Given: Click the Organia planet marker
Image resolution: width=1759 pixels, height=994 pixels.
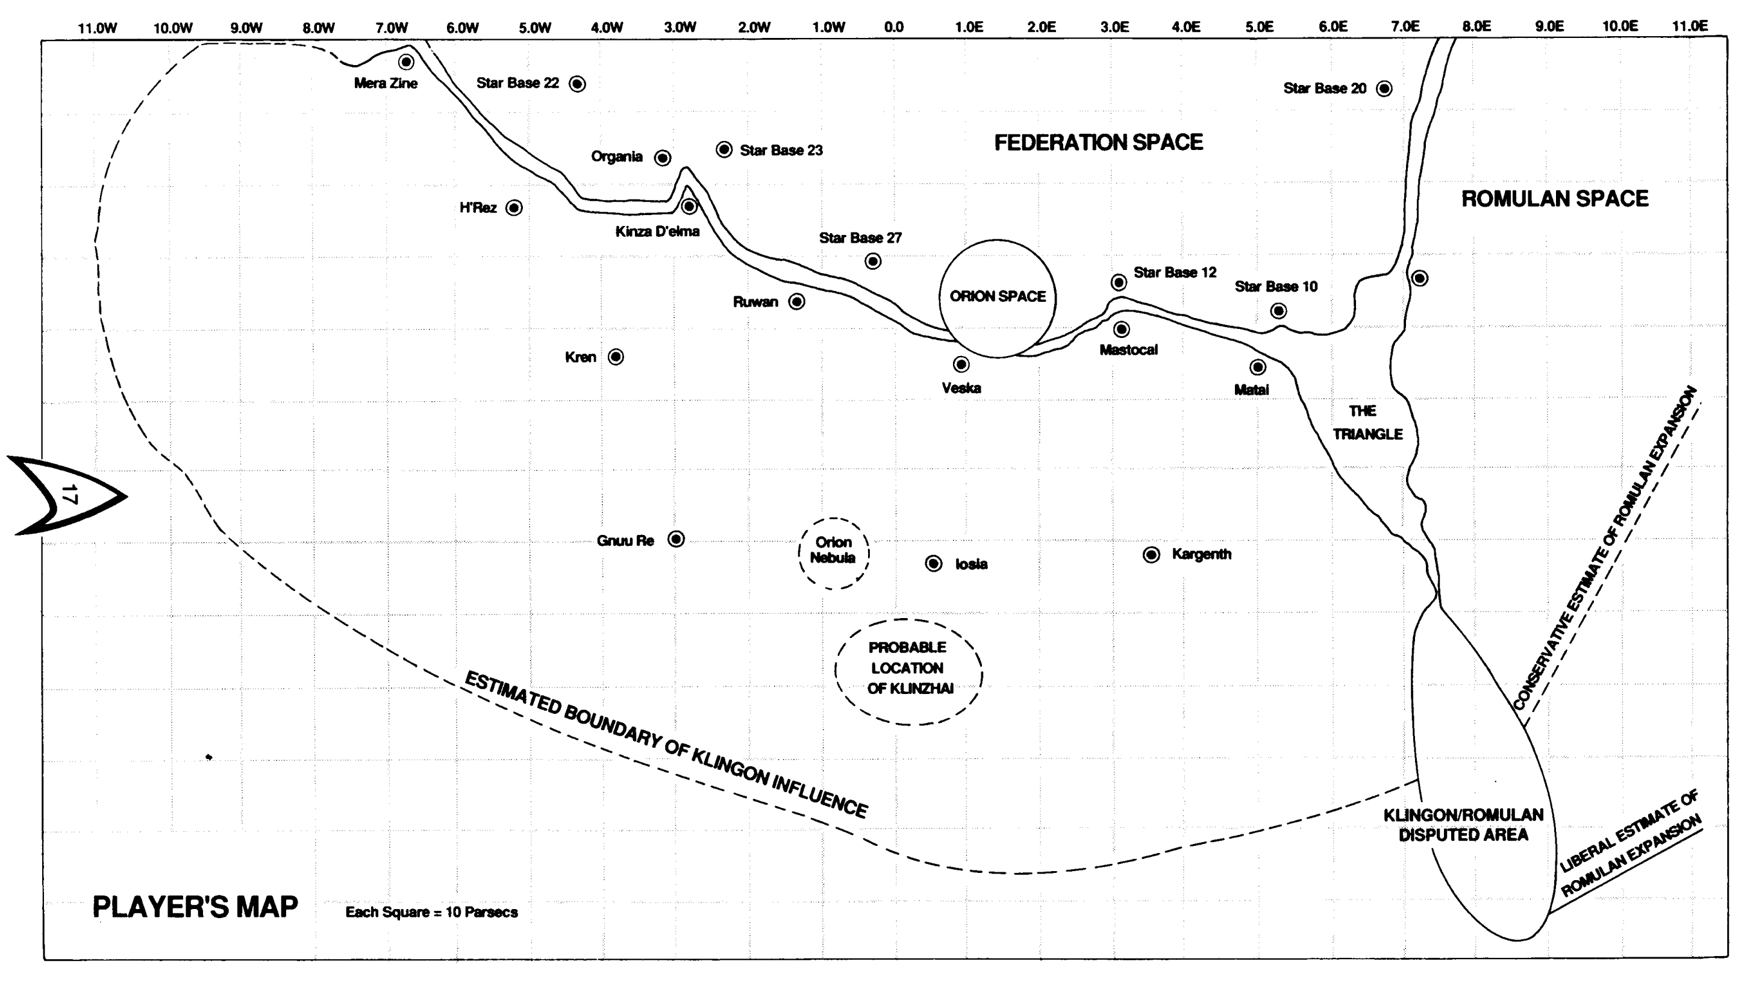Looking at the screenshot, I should click(663, 158).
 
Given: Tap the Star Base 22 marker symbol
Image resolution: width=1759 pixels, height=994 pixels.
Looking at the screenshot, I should click(577, 84).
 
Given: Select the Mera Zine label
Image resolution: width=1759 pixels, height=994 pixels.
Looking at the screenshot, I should click(385, 83).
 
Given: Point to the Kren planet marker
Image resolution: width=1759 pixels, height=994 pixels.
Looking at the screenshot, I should click(615, 357).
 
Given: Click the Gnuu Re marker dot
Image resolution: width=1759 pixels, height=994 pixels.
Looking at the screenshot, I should click(675, 539).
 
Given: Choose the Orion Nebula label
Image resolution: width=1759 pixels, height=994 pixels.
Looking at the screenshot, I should click(833, 550).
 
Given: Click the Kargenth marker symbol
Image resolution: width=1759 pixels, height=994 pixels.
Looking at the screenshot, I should click(1151, 554).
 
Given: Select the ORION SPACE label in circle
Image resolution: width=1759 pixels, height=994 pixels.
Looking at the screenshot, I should click(998, 296).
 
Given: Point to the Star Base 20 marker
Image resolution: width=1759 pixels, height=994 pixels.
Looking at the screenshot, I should click(1384, 89).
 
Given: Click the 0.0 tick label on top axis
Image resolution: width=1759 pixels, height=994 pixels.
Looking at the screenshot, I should click(893, 27).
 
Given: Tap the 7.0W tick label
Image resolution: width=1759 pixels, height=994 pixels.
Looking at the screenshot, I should click(392, 28).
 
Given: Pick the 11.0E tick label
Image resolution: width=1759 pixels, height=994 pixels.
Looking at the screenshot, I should click(1689, 26).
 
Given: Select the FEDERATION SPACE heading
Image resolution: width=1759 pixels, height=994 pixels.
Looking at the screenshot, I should click(1098, 143).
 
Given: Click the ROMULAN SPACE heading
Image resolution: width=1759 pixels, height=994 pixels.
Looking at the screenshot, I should click(1554, 199).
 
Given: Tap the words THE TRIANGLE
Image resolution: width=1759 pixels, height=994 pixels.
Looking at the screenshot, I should click(1366, 422).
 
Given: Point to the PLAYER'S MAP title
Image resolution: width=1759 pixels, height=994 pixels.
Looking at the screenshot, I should click(195, 907).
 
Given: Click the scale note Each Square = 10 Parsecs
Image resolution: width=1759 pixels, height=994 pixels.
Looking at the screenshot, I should click(431, 912).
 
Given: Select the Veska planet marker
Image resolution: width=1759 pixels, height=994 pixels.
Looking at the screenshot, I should click(961, 364).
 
